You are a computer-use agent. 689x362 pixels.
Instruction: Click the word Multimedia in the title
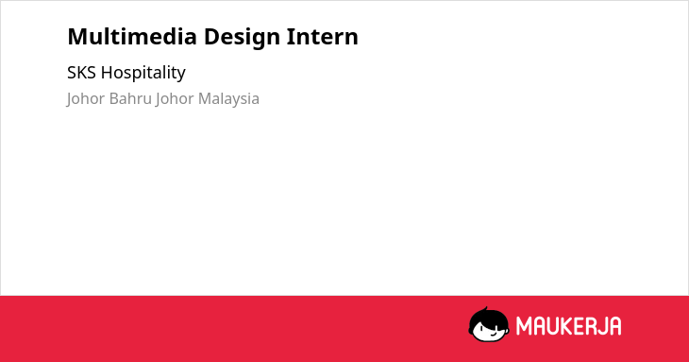[132, 36]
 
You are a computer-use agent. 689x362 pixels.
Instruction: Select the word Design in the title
[243, 38]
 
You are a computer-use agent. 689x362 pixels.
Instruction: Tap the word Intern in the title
[323, 37]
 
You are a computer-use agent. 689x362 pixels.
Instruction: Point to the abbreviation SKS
[81, 73]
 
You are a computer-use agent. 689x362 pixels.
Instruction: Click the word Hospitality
[143, 73]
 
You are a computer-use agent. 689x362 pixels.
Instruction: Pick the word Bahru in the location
[130, 98]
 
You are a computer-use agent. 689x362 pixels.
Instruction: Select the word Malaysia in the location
[228, 99]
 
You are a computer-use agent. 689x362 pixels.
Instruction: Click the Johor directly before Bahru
[86, 99]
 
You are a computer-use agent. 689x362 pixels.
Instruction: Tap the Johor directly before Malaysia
[175, 99]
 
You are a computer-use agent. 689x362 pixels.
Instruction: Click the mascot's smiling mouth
[493, 334]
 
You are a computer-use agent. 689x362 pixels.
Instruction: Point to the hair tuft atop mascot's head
[485, 309]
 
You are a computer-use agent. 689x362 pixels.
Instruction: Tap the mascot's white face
[490, 331]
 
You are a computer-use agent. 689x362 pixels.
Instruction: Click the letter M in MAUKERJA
[525, 326]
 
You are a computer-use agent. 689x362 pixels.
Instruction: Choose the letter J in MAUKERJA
[606, 326]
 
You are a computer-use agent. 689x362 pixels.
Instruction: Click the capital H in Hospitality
[107, 73]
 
